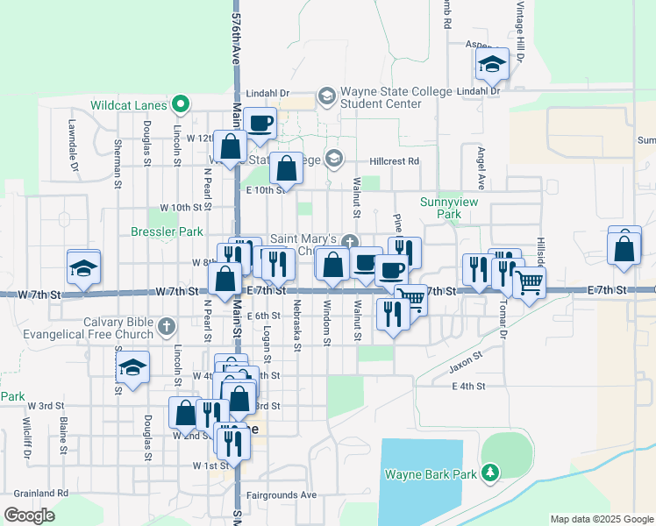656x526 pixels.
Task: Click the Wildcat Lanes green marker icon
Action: point(181,105)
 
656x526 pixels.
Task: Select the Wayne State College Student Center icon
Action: point(326,96)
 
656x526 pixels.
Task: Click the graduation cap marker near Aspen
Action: point(492,63)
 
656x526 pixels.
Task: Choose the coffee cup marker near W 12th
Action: point(260,124)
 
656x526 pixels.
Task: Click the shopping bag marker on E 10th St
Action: point(287,167)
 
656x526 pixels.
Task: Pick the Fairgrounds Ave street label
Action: point(282,494)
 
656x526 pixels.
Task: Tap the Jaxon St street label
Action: point(467,358)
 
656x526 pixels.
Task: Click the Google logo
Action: point(29,515)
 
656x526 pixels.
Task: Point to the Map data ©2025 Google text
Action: point(602,519)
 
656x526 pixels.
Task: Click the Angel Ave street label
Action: point(481,168)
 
